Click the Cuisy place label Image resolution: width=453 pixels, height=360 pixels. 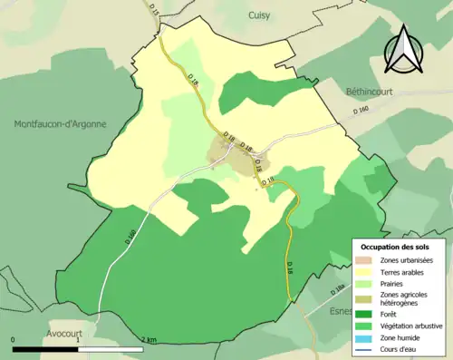pyautogui.click(x=261, y=15)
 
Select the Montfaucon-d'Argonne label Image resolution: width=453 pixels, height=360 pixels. pyautogui.click(x=60, y=123)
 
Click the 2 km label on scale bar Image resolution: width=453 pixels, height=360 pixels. pyautogui.click(x=149, y=340)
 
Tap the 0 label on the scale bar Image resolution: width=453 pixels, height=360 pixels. pyautogui.click(x=14, y=340)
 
